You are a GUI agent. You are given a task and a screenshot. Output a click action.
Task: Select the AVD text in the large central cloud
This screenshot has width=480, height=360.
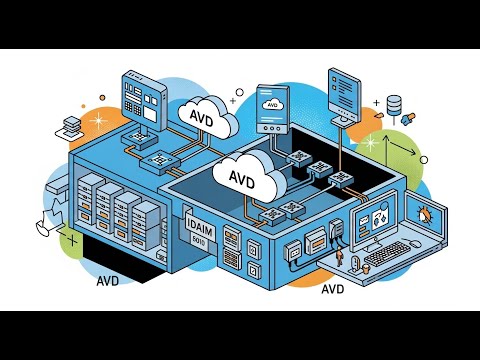click(242, 178)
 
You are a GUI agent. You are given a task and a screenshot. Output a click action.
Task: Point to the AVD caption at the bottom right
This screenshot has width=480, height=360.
click(336, 291)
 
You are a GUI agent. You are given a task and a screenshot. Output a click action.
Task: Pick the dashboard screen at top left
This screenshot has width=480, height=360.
click(136, 94)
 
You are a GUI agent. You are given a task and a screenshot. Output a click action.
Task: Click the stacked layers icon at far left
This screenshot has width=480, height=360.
click(72, 124)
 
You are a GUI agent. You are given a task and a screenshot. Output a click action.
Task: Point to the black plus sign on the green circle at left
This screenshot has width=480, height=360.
click(71, 241)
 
